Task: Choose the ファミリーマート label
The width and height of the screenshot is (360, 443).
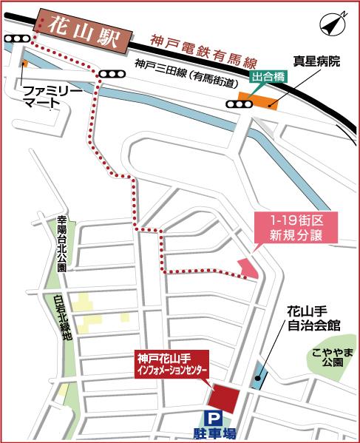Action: (47, 96)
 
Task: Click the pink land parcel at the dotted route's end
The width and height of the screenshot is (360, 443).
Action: (249, 268)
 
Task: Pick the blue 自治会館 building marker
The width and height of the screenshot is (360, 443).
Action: (258, 375)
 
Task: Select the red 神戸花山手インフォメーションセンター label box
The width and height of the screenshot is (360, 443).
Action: (171, 364)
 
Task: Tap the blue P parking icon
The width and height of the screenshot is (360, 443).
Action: (214, 417)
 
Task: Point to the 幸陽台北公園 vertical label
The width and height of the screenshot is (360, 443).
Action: (62, 243)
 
